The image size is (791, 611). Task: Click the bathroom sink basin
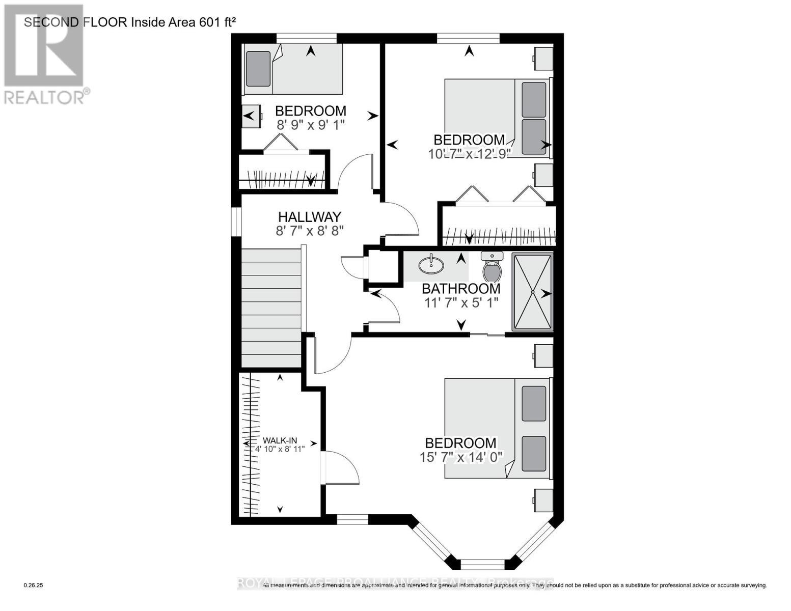(x=431, y=265)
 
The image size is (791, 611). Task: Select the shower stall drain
(x=532, y=292)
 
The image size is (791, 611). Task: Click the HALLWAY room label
(x=309, y=217)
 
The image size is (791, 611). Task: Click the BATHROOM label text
(x=461, y=289)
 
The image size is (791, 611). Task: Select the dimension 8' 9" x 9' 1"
(x=311, y=125)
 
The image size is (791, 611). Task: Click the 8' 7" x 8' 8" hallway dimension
(x=310, y=231)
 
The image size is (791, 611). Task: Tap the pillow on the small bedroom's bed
(x=258, y=69)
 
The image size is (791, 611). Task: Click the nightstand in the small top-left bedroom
(x=251, y=116)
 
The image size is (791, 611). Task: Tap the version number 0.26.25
(x=34, y=586)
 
